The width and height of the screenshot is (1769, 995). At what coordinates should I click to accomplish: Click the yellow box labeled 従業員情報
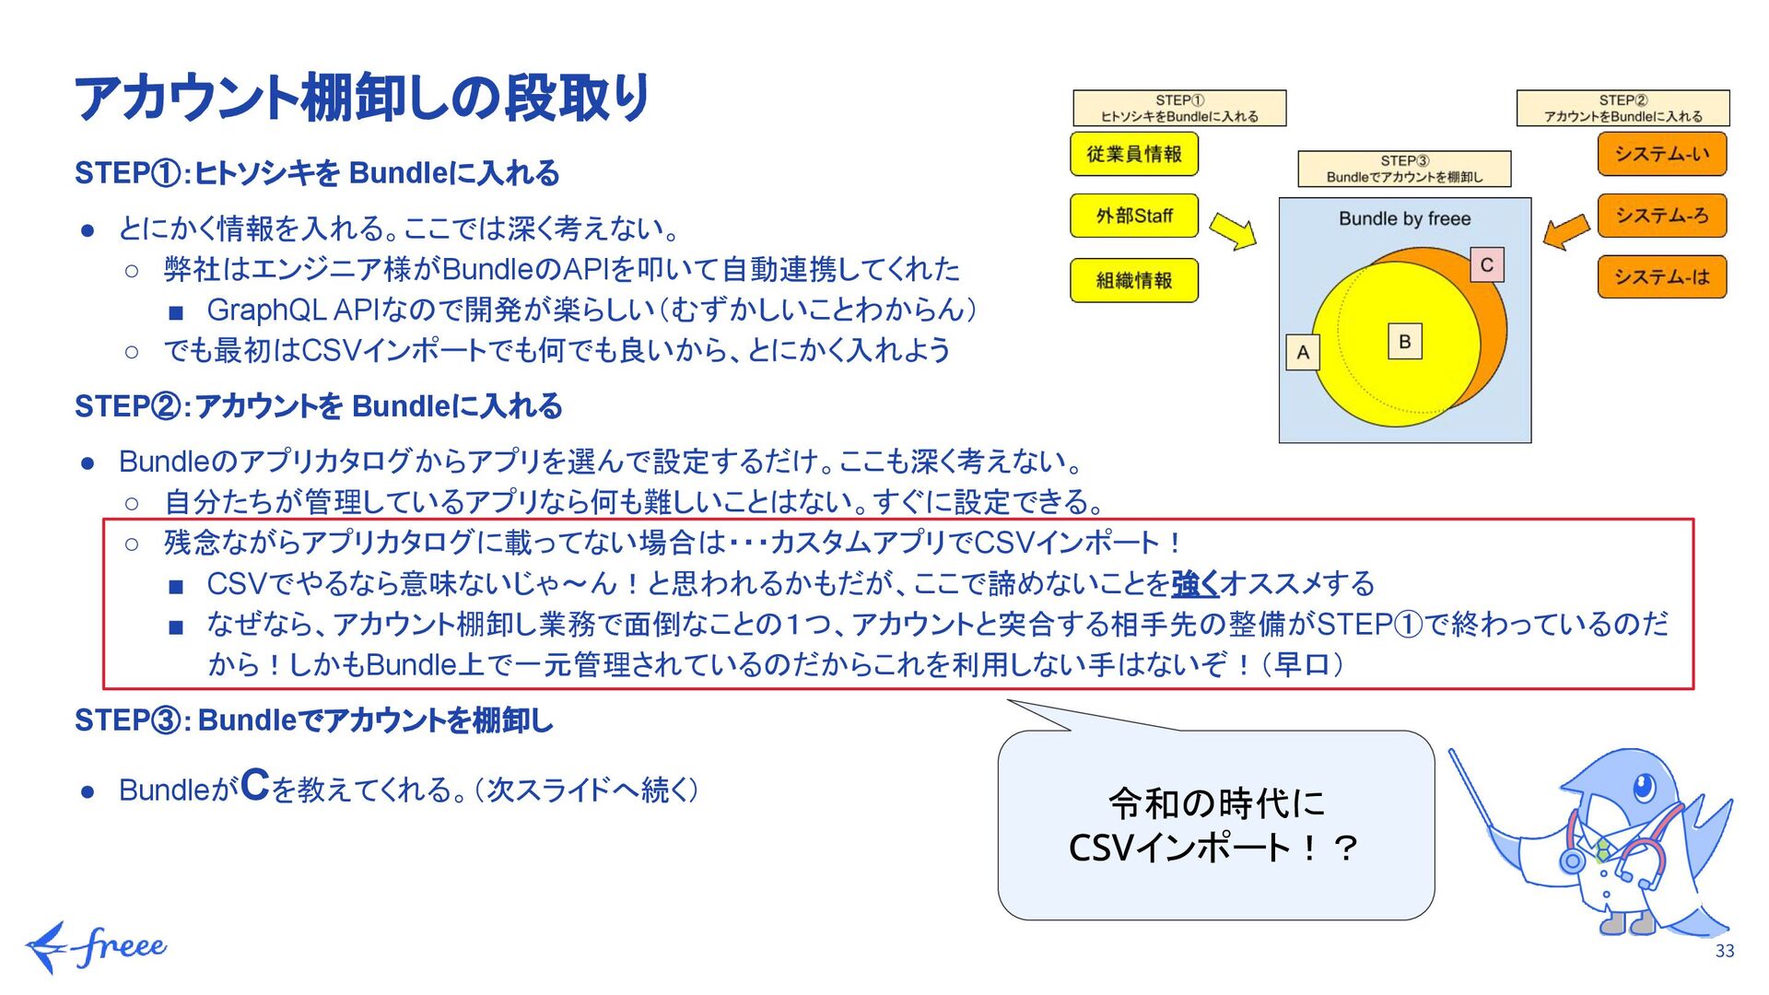click(x=1133, y=154)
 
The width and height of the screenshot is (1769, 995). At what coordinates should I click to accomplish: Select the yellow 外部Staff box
click(x=1133, y=216)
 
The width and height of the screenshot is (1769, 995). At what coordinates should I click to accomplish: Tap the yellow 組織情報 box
click(x=1133, y=280)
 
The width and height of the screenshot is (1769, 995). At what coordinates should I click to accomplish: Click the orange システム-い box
click(x=1661, y=154)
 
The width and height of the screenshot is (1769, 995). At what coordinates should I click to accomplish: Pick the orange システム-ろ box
click(x=1661, y=216)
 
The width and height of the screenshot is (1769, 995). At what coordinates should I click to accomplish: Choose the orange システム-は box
click(x=1661, y=276)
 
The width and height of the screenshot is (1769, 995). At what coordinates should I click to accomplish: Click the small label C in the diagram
click(x=1486, y=265)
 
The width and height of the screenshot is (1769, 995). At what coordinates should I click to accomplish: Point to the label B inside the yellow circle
click(x=1404, y=342)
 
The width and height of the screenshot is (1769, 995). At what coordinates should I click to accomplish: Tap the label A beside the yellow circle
click(x=1303, y=352)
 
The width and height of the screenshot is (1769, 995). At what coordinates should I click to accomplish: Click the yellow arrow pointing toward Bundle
click(x=1233, y=230)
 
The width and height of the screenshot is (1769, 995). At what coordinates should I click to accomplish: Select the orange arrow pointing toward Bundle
click(x=1566, y=231)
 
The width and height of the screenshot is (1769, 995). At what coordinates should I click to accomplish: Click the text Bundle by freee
click(x=1404, y=219)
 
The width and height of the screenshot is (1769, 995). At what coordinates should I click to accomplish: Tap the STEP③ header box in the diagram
click(x=1404, y=169)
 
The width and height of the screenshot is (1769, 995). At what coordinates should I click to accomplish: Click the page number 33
click(x=1725, y=951)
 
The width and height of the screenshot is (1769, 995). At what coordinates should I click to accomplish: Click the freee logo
click(x=97, y=947)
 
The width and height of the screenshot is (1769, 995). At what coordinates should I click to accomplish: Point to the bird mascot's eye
click(x=1643, y=787)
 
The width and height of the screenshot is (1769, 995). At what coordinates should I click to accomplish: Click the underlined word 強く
click(x=1195, y=583)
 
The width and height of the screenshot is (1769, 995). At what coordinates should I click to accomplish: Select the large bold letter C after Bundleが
click(x=254, y=785)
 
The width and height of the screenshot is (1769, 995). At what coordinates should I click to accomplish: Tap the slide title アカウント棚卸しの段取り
click(x=362, y=98)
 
